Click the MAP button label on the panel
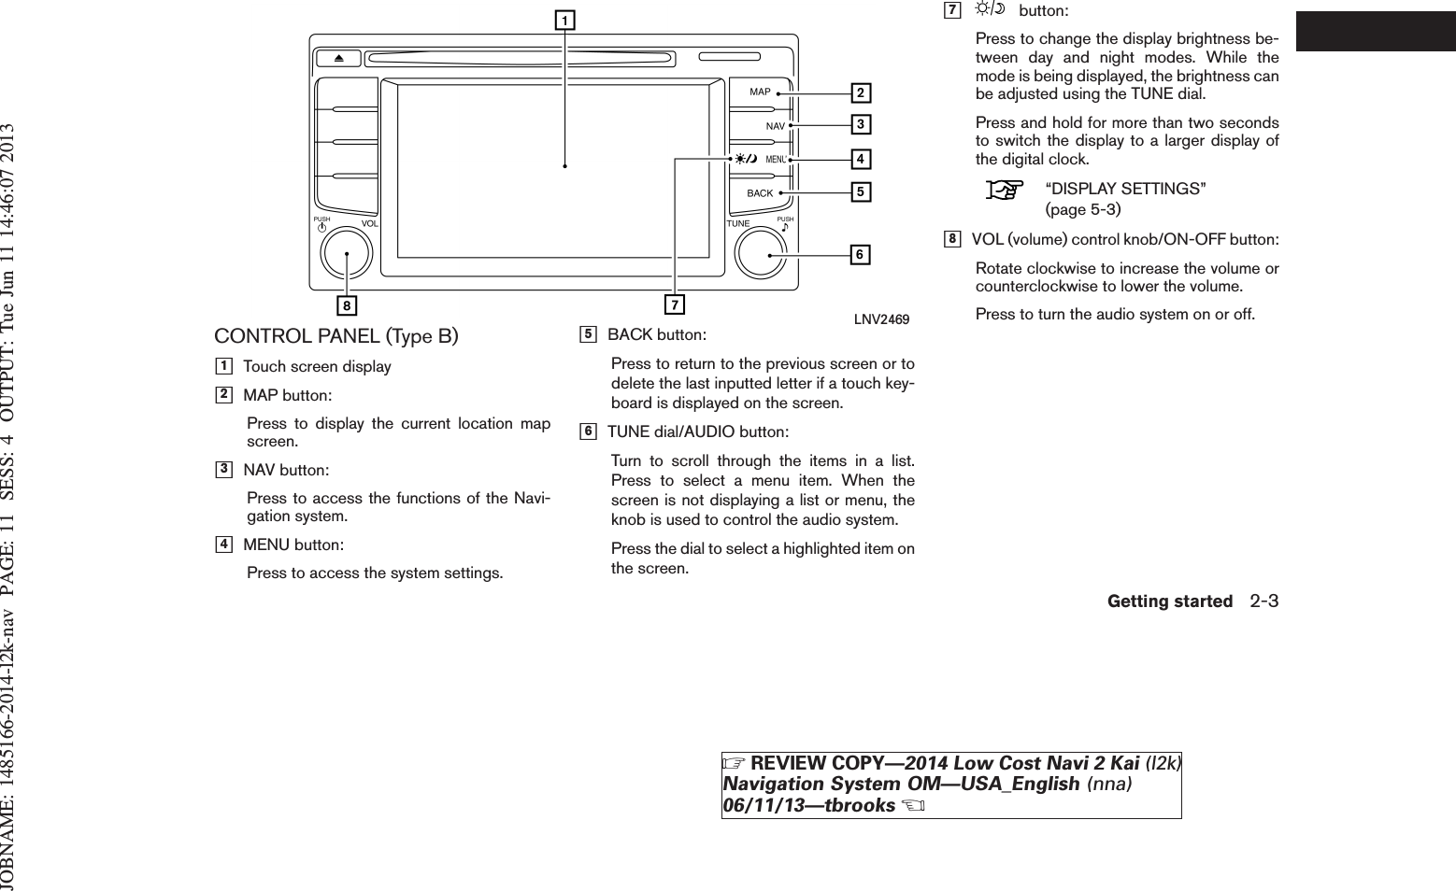click(760, 92)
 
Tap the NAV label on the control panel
click(775, 125)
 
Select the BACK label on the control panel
click(760, 193)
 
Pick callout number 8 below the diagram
click(347, 305)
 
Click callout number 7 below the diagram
click(674, 304)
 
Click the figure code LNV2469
click(881, 319)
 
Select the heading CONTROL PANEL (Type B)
click(336, 336)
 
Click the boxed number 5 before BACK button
click(588, 334)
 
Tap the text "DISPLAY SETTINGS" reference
click(1125, 190)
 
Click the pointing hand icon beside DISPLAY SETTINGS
click(1004, 191)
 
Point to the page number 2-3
click(1263, 601)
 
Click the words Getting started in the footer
click(1169, 602)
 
